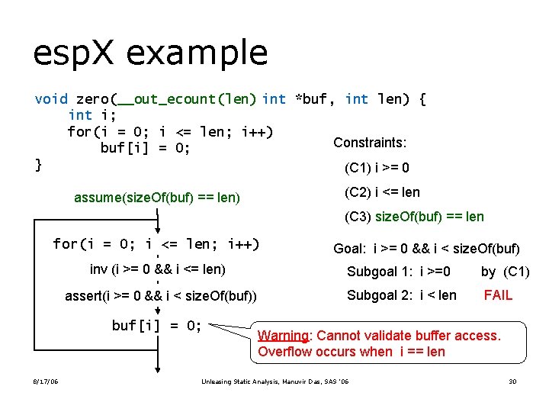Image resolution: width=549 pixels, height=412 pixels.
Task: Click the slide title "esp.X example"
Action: [150, 53]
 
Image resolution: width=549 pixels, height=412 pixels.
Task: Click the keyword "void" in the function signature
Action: [51, 99]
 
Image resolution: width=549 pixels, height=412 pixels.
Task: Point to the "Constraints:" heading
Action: [370, 143]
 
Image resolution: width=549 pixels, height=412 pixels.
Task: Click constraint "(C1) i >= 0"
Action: [377, 168]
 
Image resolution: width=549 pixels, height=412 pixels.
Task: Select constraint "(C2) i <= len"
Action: [382, 192]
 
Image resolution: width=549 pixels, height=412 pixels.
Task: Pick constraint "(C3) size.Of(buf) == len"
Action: [414, 217]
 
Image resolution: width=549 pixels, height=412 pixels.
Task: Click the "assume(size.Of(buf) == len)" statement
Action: [157, 198]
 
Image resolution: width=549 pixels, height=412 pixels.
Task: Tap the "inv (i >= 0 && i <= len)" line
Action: [157, 269]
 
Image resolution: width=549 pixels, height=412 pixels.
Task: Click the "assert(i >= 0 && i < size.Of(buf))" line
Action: [161, 296]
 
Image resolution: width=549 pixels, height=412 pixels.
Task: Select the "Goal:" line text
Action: [426, 249]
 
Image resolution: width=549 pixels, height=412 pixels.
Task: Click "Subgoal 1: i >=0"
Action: [399, 272]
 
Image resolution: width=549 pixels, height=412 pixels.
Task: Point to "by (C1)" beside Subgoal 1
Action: [505, 272]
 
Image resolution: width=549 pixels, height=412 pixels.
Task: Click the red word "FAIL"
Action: [498, 295]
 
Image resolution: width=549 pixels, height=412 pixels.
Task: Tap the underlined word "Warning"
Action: [283, 336]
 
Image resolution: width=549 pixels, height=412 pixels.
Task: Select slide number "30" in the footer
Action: [513, 381]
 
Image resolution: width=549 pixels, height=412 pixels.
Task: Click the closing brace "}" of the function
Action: [38, 164]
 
